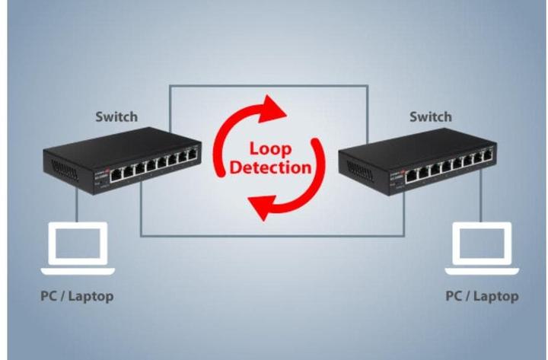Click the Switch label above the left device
(x=116, y=116)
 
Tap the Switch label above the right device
(x=430, y=116)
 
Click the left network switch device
(x=122, y=160)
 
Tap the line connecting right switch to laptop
(x=480, y=203)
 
